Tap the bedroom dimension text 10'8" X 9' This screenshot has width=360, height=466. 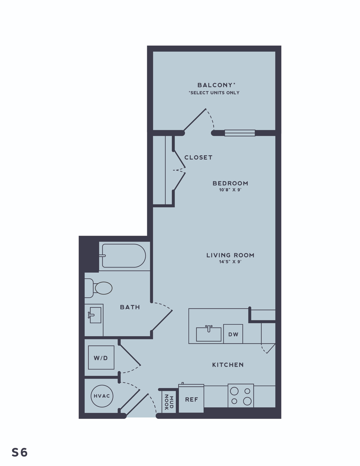click(230, 190)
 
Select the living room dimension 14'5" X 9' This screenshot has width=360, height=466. click(230, 262)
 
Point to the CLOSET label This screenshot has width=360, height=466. click(198, 157)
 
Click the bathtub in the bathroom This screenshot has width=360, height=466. click(124, 256)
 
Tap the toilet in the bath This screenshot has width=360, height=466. click(98, 288)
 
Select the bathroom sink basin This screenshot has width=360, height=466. click(95, 315)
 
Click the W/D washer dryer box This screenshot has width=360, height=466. click(101, 358)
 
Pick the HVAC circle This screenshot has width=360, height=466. click(102, 396)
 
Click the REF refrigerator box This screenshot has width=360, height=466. click(191, 399)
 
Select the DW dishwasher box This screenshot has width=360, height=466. click(233, 334)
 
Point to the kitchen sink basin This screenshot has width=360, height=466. click(209, 335)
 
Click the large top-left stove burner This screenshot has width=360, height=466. click(234, 391)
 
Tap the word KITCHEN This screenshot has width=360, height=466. click(228, 365)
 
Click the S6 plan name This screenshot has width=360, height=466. click(20, 452)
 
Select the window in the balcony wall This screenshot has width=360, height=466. click(240, 133)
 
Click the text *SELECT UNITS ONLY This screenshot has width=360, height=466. click(214, 93)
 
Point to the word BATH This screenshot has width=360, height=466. click(130, 307)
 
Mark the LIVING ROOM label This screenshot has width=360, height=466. click(230, 255)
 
